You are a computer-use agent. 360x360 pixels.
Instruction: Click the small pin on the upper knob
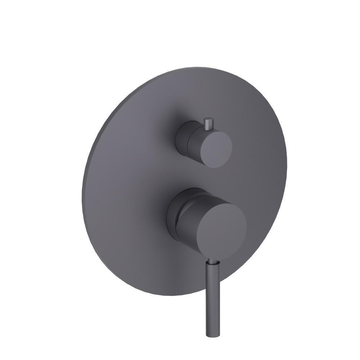(x=208, y=124)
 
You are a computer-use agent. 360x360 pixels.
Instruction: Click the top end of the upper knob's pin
(x=208, y=119)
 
